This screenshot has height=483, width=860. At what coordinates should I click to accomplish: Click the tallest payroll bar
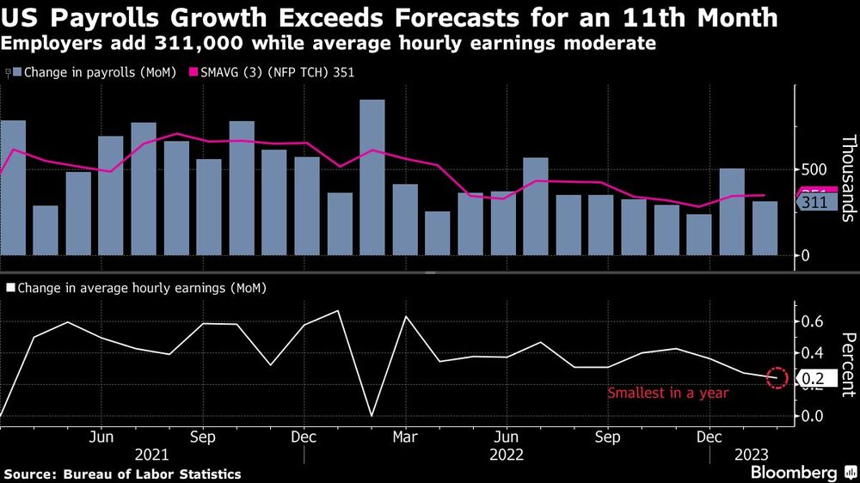click(372, 177)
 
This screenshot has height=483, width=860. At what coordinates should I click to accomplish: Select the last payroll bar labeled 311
click(765, 228)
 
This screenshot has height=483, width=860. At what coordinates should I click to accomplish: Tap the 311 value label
click(814, 203)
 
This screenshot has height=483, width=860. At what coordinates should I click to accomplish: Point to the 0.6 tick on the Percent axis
click(814, 321)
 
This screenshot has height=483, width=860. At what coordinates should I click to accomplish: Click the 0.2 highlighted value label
click(813, 378)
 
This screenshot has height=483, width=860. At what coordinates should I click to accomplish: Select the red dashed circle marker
click(777, 376)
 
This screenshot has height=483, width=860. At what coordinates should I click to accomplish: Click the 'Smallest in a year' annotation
click(668, 394)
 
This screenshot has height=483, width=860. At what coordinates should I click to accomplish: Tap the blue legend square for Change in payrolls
click(20, 73)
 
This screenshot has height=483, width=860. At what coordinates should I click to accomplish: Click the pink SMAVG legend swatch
click(194, 73)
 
